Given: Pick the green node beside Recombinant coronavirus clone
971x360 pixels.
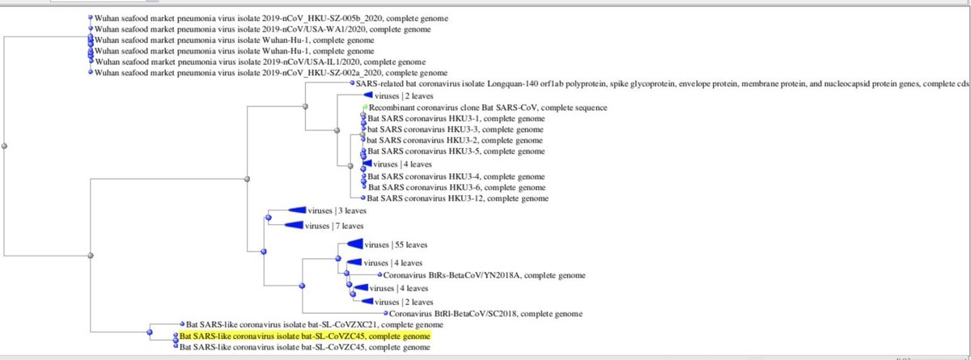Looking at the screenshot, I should (365, 107).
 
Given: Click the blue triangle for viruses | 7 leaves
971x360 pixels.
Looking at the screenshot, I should (295, 226).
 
